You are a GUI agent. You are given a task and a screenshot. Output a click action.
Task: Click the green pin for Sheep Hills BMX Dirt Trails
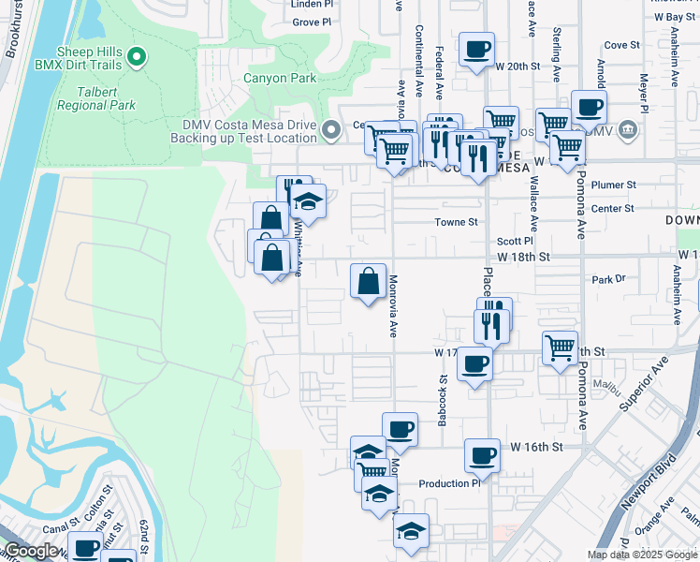pyautogui.click(x=137, y=59)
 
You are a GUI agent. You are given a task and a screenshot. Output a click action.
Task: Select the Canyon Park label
pyautogui.click(x=280, y=79)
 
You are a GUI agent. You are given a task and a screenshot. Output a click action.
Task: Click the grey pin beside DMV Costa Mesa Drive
pyautogui.click(x=329, y=129)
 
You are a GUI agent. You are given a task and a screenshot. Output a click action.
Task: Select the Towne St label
pyautogui.click(x=456, y=222)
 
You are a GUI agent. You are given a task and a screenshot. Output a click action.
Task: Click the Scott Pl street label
pyautogui.click(x=515, y=240)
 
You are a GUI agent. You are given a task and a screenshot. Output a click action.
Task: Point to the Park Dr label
pyautogui.click(x=607, y=279)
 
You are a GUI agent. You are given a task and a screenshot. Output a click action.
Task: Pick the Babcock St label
pyautogui.click(x=442, y=402)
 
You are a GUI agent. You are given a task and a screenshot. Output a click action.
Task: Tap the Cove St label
pyautogui.click(x=621, y=44)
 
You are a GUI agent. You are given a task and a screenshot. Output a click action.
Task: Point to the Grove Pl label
pyautogui.click(x=312, y=21)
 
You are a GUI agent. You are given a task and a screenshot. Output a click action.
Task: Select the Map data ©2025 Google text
pyautogui.click(x=641, y=555)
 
